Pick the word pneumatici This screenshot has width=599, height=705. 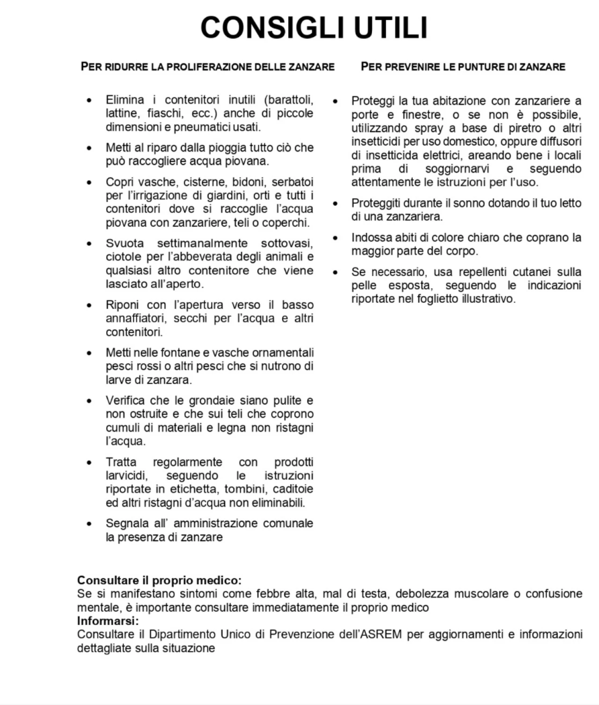tap(204, 127)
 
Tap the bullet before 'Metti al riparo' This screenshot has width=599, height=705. tap(89, 148)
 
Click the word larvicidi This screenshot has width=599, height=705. tap(126, 476)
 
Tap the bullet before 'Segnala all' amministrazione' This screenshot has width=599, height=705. tap(89, 523)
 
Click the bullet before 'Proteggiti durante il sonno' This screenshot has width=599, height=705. tap(335, 204)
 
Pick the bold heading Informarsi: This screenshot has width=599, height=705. tap(108, 621)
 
